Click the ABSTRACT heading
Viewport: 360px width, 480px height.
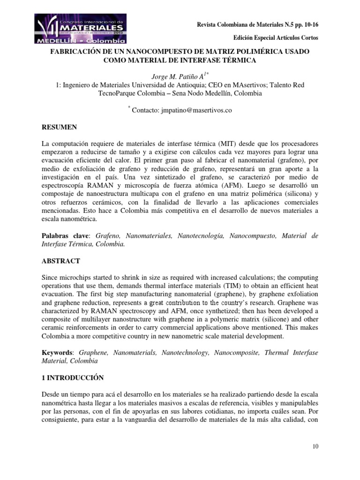[60, 261]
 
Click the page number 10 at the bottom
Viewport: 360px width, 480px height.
[315, 446]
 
